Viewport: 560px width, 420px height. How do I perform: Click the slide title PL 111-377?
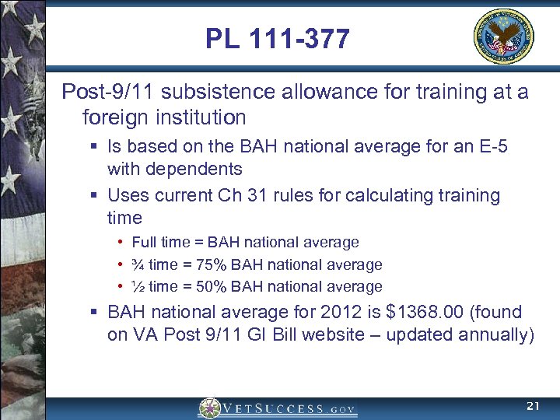tap(278, 38)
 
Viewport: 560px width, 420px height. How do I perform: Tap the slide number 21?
tap(532, 406)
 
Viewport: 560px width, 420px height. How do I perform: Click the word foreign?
tap(114, 117)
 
